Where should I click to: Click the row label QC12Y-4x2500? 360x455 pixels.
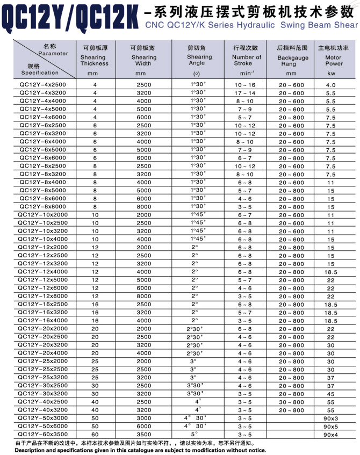point(42,85)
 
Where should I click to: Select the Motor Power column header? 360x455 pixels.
point(334,60)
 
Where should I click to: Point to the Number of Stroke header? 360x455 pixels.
point(246,60)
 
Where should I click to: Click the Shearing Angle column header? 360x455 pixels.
point(199,60)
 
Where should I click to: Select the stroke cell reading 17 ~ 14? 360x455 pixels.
point(245,93)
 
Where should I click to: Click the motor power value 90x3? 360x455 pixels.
point(330,418)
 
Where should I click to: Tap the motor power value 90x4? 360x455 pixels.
point(330,434)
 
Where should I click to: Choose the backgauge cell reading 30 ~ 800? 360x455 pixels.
point(291,402)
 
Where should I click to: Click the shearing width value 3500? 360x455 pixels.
point(144,434)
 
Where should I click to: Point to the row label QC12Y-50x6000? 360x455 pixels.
point(42,426)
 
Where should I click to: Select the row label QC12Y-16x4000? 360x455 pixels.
point(42,321)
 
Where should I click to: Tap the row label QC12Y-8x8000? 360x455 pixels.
point(42,207)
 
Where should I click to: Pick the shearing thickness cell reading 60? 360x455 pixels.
point(95,434)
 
